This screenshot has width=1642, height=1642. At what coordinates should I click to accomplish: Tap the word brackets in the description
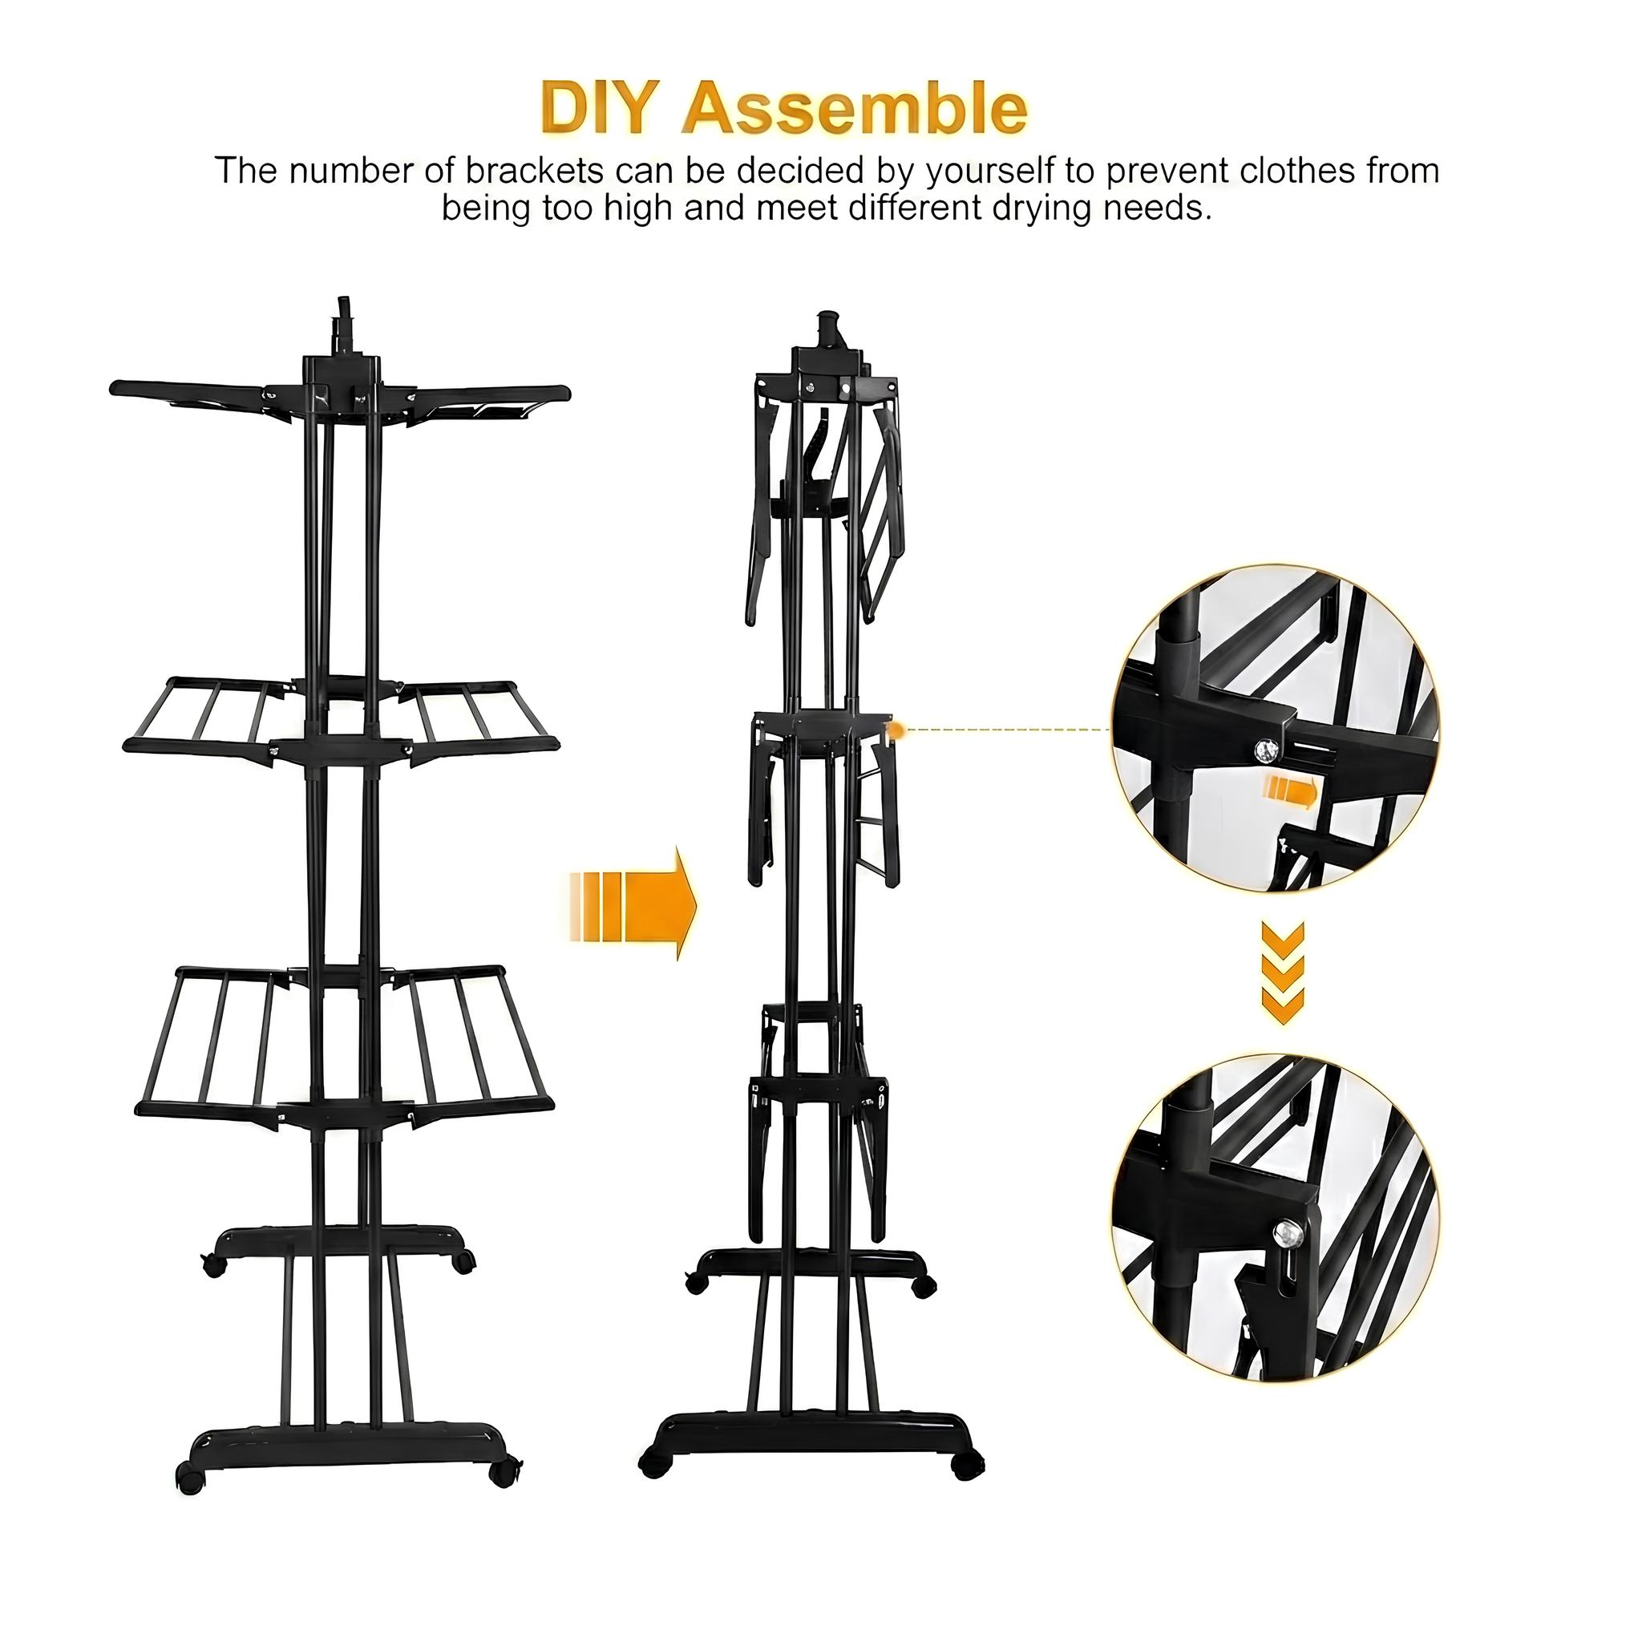(x=536, y=170)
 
